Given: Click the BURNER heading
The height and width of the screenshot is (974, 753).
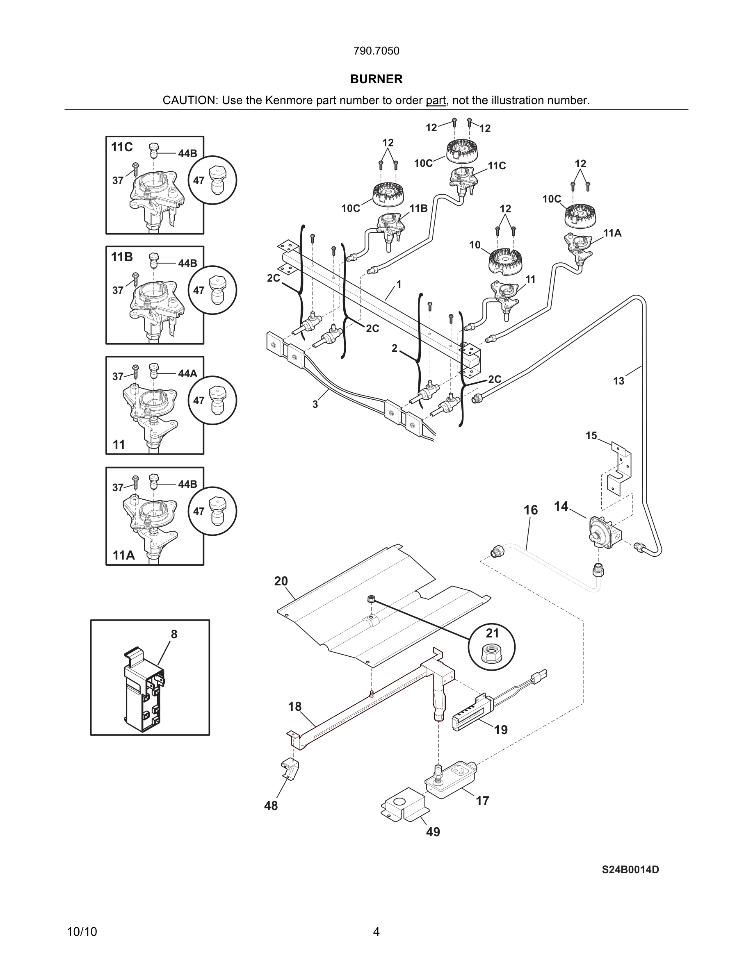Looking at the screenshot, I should click(376, 79).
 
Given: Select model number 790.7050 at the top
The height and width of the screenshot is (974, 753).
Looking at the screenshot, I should click(376, 51).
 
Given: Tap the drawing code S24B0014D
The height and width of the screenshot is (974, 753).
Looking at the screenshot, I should click(630, 869).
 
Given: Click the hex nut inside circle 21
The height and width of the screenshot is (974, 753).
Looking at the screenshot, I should click(492, 655).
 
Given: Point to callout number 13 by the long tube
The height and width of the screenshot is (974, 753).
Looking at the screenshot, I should click(618, 381).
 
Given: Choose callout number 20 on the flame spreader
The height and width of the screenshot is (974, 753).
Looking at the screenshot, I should click(281, 581).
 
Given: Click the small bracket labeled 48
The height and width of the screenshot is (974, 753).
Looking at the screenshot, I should click(290, 770).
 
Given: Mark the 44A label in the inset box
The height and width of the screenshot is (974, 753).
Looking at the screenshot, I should click(187, 374).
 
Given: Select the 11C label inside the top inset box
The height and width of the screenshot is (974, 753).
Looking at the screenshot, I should click(122, 147).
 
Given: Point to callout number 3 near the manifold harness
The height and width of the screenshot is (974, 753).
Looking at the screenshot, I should click(315, 405).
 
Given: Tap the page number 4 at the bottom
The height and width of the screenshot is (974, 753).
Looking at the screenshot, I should click(376, 932).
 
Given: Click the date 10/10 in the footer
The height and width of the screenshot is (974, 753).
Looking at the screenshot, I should click(82, 932).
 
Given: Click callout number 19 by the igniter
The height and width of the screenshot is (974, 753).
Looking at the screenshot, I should click(500, 730).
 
